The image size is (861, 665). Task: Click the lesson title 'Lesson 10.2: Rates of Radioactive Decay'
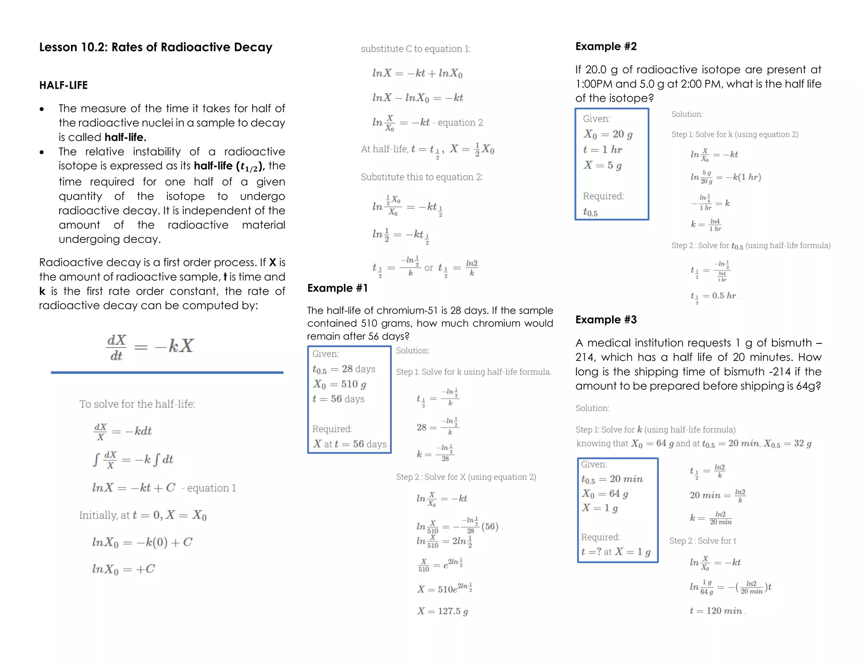pos(156,47)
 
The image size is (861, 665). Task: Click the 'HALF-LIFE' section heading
pos(63,85)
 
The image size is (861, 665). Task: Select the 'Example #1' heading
pos(338,288)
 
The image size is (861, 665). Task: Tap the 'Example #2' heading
pos(606,46)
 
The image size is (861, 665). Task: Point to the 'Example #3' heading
pos(606,319)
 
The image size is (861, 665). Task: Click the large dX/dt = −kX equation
pos(150,347)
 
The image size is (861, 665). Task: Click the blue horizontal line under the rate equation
pos(167,372)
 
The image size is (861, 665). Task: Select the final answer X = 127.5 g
pos(442,611)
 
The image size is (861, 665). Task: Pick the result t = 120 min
pos(716,611)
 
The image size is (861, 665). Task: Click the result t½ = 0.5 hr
pos(713,296)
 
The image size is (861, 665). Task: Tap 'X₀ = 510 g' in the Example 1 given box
pos(339,384)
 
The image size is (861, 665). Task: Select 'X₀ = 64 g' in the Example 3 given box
pos(605,493)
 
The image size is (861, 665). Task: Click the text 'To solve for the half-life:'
pos(137,404)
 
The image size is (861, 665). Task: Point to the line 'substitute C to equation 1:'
pos(415,49)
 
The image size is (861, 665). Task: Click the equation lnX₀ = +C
pos(124,569)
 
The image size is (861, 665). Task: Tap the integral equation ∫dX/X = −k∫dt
pos(133,459)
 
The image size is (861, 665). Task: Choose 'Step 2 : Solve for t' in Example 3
pos(703,541)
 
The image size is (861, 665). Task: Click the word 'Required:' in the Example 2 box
pos(603,196)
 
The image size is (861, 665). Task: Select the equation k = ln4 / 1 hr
pos(706,224)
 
